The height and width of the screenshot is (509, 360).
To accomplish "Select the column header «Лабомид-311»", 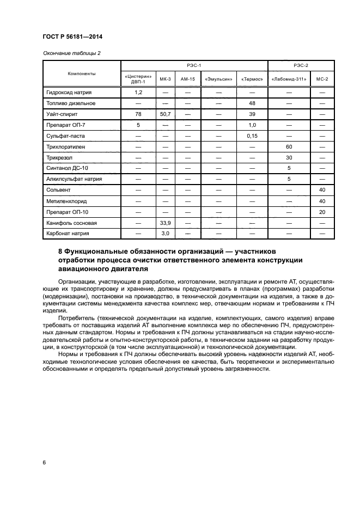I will [289, 79].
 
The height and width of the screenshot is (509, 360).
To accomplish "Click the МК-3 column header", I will [165, 79].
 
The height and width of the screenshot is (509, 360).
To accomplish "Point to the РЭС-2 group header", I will [301, 65].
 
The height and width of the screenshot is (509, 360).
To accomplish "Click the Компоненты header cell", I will [82, 73].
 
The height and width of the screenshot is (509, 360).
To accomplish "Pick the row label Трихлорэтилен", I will [66, 147].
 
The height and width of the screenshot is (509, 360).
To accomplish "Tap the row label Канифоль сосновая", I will [72, 223].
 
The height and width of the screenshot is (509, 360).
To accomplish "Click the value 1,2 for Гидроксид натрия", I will [138, 93].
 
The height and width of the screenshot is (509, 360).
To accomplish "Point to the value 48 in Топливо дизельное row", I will [252, 103].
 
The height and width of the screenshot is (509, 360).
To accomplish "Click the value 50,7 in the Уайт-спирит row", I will [165, 114].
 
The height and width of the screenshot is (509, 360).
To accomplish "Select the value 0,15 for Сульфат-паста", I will [252, 136].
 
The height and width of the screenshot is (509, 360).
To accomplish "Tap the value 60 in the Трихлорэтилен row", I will [289, 147].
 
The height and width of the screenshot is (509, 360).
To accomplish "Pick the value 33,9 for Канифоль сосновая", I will [165, 223].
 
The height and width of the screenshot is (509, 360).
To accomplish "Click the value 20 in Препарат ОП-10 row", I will [322, 212].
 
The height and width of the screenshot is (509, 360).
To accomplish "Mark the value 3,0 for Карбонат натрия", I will [165, 234].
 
